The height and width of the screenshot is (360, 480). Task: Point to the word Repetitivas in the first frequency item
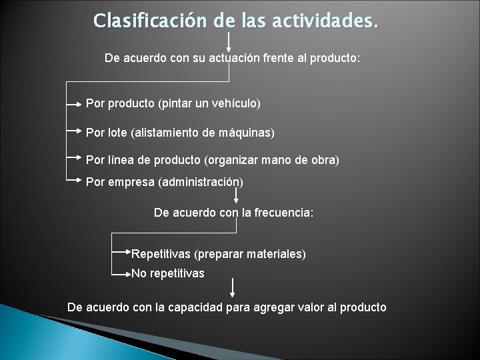160,254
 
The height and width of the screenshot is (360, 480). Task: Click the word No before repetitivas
139,273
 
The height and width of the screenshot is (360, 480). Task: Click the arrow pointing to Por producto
75,104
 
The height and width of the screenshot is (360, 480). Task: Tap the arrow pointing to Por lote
75,132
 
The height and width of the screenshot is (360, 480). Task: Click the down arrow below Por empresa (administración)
237,195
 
